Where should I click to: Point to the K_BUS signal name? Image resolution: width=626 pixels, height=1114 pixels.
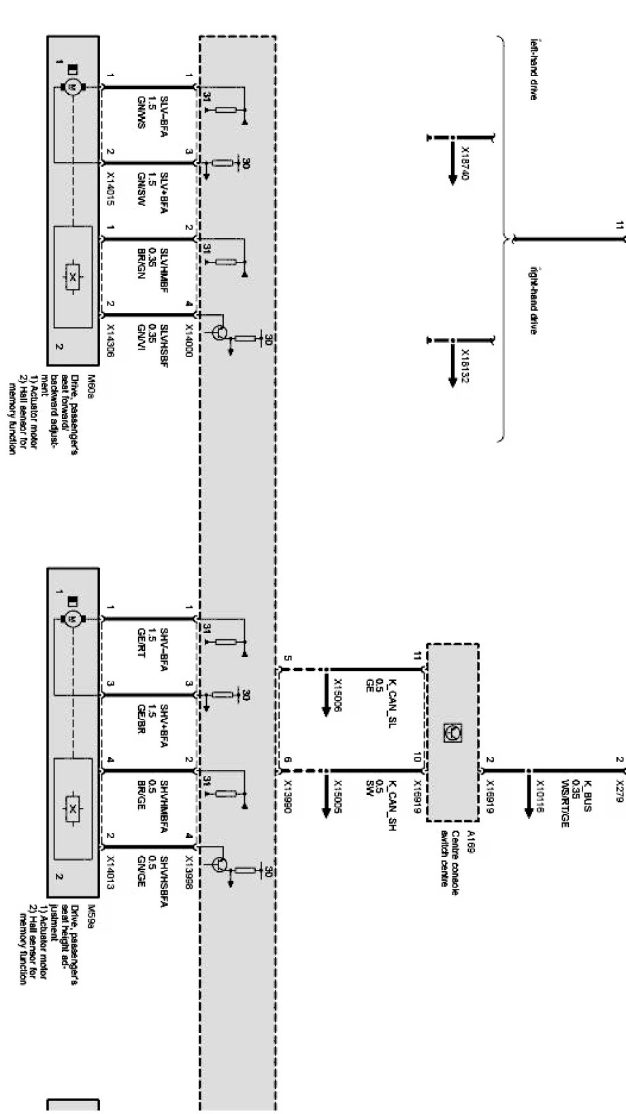tap(589, 777)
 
